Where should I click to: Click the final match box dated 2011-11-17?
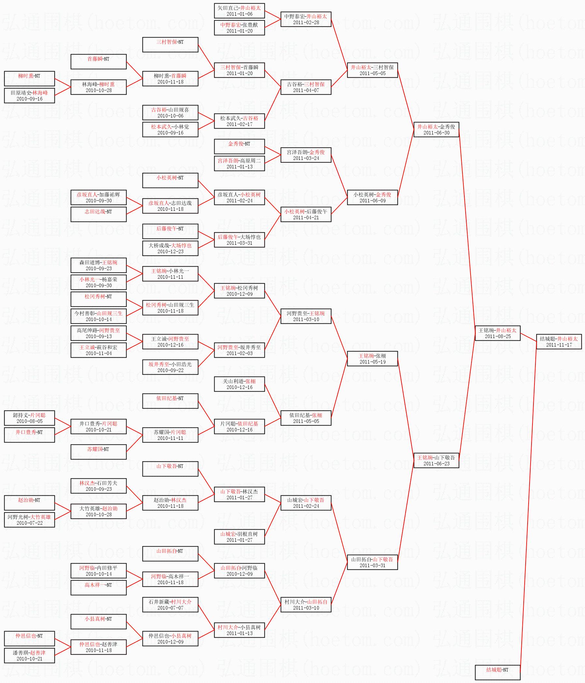point(559,341)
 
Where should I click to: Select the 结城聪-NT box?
point(497,672)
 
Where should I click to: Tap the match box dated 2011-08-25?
point(497,333)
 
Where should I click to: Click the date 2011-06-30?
point(436,133)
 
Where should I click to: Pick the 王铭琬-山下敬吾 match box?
point(436,460)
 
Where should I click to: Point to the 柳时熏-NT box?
point(29,78)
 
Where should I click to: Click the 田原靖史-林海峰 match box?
point(29,96)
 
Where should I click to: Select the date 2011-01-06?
point(239,14)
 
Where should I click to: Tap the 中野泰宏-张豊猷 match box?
point(239,28)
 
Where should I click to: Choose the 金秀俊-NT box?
point(239,146)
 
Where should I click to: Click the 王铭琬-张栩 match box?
point(372,359)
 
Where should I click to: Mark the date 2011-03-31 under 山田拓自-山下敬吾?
point(372,565)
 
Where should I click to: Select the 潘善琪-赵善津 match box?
point(29,655)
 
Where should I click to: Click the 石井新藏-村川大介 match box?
point(170,605)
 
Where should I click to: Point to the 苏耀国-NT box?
point(98,452)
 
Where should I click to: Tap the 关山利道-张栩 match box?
point(239,384)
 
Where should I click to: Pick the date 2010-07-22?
point(29,523)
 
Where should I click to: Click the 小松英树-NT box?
point(170,180)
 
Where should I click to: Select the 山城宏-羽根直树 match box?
point(239,536)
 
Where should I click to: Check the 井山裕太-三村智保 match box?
point(372,70)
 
